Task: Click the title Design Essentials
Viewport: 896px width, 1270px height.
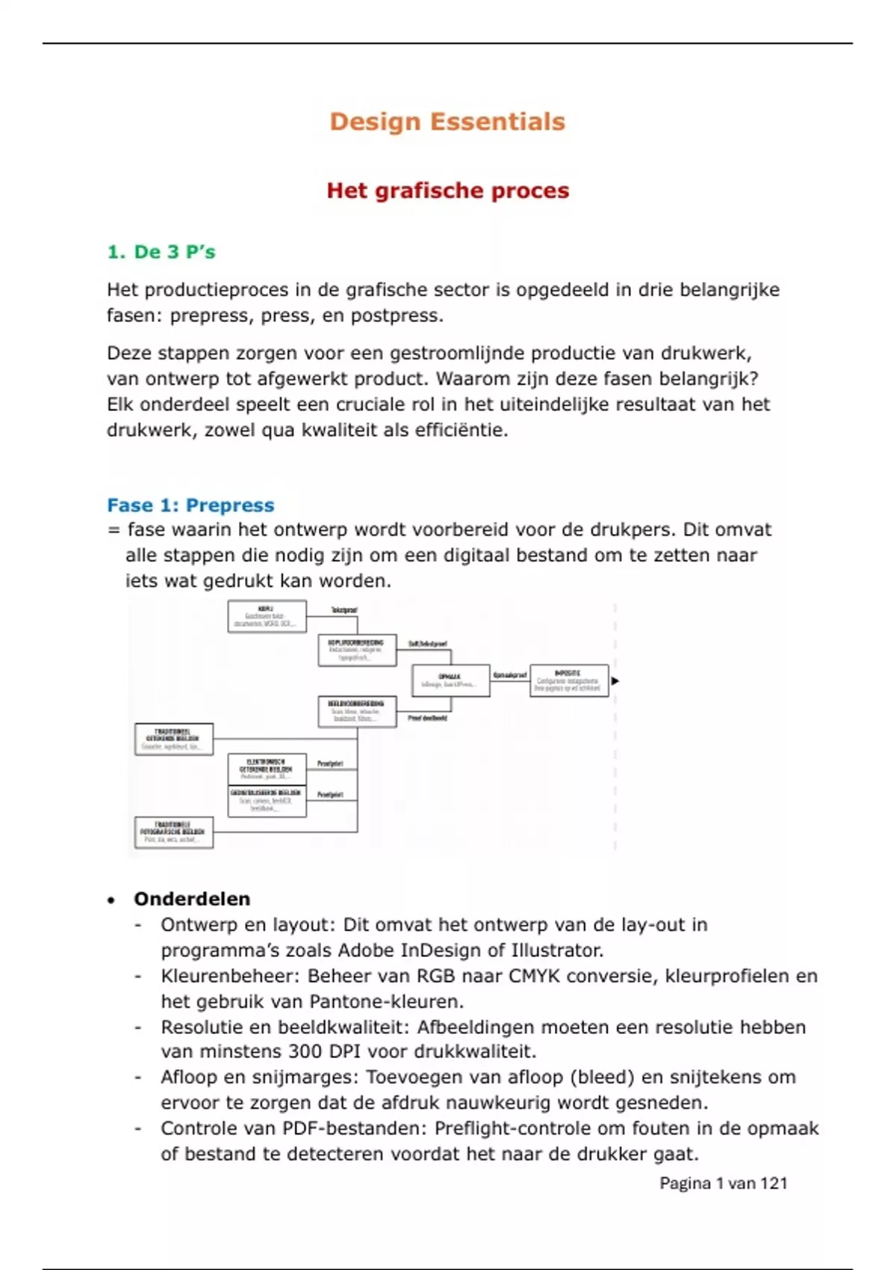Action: (x=447, y=122)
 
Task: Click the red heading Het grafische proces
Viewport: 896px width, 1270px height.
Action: (x=447, y=190)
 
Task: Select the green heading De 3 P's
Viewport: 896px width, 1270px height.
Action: (x=161, y=252)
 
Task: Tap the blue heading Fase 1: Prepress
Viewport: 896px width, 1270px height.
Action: (x=190, y=505)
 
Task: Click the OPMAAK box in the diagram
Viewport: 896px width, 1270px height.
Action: (x=450, y=681)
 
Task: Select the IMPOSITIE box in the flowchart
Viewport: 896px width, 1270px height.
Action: (x=569, y=681)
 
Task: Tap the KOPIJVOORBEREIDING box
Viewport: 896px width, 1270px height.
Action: (x=357, y=650)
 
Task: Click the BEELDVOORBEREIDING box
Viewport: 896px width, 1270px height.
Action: (x=357, y=711)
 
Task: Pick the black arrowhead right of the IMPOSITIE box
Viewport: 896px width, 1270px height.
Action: (x=615, y=681)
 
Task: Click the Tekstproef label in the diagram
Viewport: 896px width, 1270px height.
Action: (x=343, y=610)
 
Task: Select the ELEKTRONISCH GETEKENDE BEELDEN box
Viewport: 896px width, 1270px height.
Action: (x=267, y=769)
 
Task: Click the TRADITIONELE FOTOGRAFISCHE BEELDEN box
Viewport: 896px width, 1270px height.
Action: (x=173, y=832)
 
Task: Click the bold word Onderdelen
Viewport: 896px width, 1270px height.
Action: (x=192, y=899)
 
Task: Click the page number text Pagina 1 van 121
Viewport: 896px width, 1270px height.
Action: (x=723, y=1183)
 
